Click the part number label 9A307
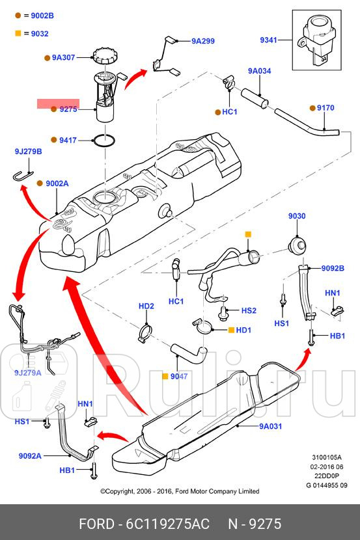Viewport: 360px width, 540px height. [x=65, y=58]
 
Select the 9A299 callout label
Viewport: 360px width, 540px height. [x=202, y=41]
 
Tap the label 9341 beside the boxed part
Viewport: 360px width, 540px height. [x=268, y=40]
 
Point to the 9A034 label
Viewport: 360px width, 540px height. [x=259, y=71]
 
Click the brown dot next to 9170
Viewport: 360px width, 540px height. [x=312, y=107]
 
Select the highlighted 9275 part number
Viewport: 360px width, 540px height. [x=68, y=109]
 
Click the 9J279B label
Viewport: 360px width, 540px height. [x=28, y=152]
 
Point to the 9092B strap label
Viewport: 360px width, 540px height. [x=332, y=268]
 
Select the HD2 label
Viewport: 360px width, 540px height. [x=146, y=306]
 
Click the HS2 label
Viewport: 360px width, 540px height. [x=249, y=311]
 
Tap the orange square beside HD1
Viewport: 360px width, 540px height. [x=230, y=330]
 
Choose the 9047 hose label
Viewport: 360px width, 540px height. [x=178, y=376]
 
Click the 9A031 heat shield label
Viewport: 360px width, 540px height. [x=270, y=426]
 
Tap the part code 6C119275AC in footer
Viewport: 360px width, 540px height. [x=167, y=524]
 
